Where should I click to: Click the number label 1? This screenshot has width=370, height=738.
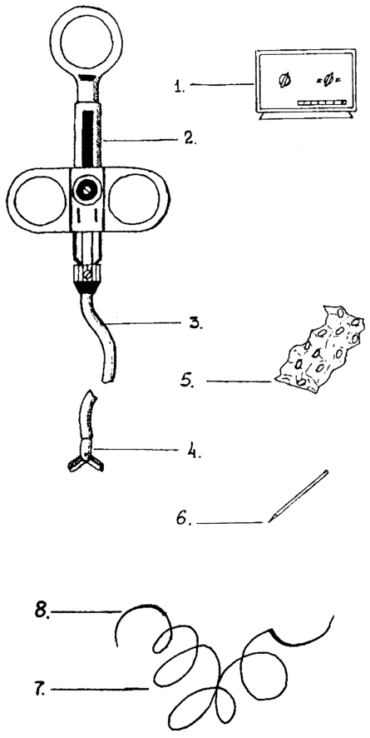[x=179, y=87]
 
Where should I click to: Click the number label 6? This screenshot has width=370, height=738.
[x=184, y=519]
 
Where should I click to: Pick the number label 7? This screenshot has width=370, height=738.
[x=42, y=690]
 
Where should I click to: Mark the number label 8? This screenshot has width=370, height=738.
[x=42, y=611]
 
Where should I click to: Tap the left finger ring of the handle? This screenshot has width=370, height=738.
[x=37, y=200]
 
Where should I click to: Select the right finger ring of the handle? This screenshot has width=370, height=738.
[x=136, y=200]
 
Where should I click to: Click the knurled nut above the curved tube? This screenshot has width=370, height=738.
[x=87, y=273]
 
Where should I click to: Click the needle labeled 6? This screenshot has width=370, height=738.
[x=298, y=496]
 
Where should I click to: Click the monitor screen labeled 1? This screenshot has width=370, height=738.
[x=305, y=81]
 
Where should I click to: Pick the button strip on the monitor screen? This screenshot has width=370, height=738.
[x=322, y=102]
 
